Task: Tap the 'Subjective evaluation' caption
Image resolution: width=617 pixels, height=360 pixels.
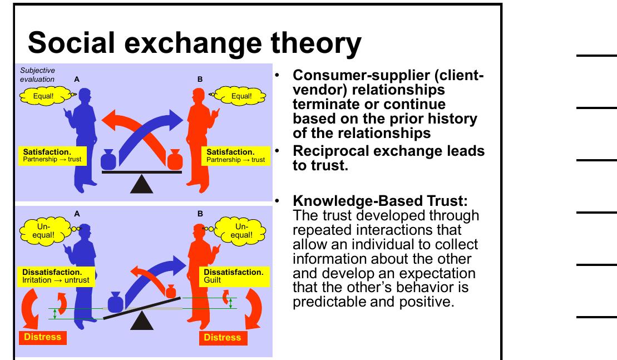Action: (38, 75)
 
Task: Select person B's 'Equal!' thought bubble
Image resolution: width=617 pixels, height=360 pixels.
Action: (241, 96)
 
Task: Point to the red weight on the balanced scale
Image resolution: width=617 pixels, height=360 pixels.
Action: (175, 159)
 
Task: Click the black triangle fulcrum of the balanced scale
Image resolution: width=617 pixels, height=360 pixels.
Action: (142, 183)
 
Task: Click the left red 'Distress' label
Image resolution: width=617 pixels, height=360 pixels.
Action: (43, 337)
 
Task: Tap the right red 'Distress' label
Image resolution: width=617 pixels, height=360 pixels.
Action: (223, 337)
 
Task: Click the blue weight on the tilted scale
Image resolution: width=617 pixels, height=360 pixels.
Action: (116, 303)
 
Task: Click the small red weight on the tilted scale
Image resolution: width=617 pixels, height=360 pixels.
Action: (171, 292)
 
